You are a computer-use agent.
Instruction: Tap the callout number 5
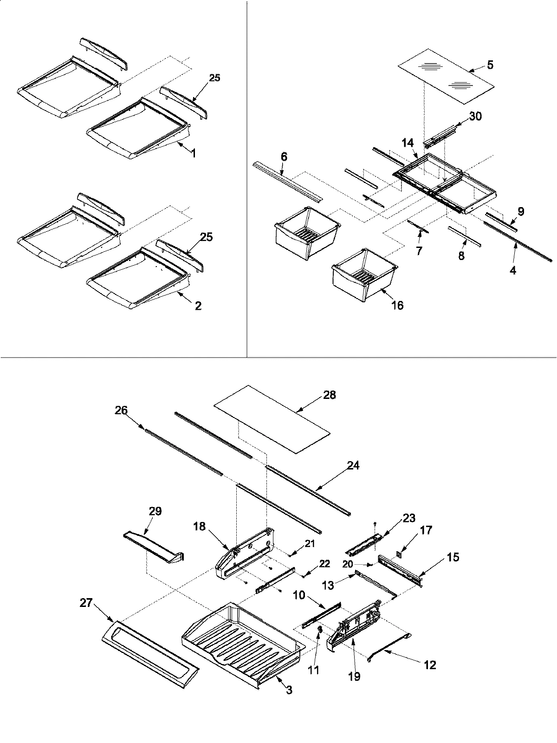click(490, 65)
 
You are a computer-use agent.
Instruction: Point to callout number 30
click(475, 117)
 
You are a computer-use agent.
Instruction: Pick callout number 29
click(155, 511)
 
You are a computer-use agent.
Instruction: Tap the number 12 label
click(430, 665)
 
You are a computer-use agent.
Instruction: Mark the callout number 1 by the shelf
click(193, 153)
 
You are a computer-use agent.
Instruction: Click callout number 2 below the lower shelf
click(198, 306)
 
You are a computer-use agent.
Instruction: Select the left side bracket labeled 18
click(244, 562)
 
